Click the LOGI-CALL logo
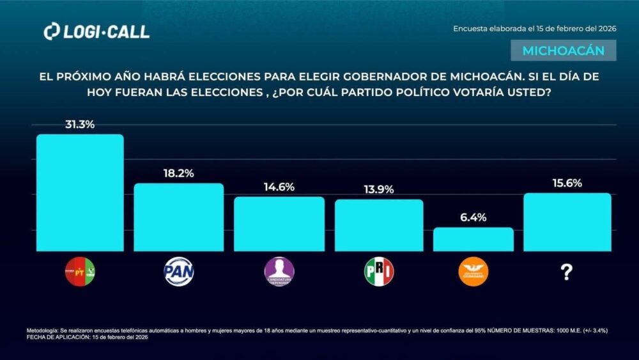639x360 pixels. pyautogui.click(x=96, y=31)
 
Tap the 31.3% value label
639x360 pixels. pyautogui.click(x=79, y=125)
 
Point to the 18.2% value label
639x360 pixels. pyautogui.click(x=178, y=173)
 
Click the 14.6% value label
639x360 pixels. pyautogui.click(x=279, y=187)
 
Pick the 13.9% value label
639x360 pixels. pyautogui.click(x=379, y=189)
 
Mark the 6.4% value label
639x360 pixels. pyautogui.click(x=473, y=217)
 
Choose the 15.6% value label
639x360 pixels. pyautogui.click(x=567, y=183)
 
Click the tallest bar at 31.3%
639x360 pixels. pyautogui.click(x=79, y=192)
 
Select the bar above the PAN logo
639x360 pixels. pyautogui.click(x=178, y=217)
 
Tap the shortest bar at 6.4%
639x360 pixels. pyautogui.click(x=473, y=239)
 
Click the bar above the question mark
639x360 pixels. pyautogui.click(x=567, y=222)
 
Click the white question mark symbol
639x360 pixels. pyautogui.click(x=566, y=273)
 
